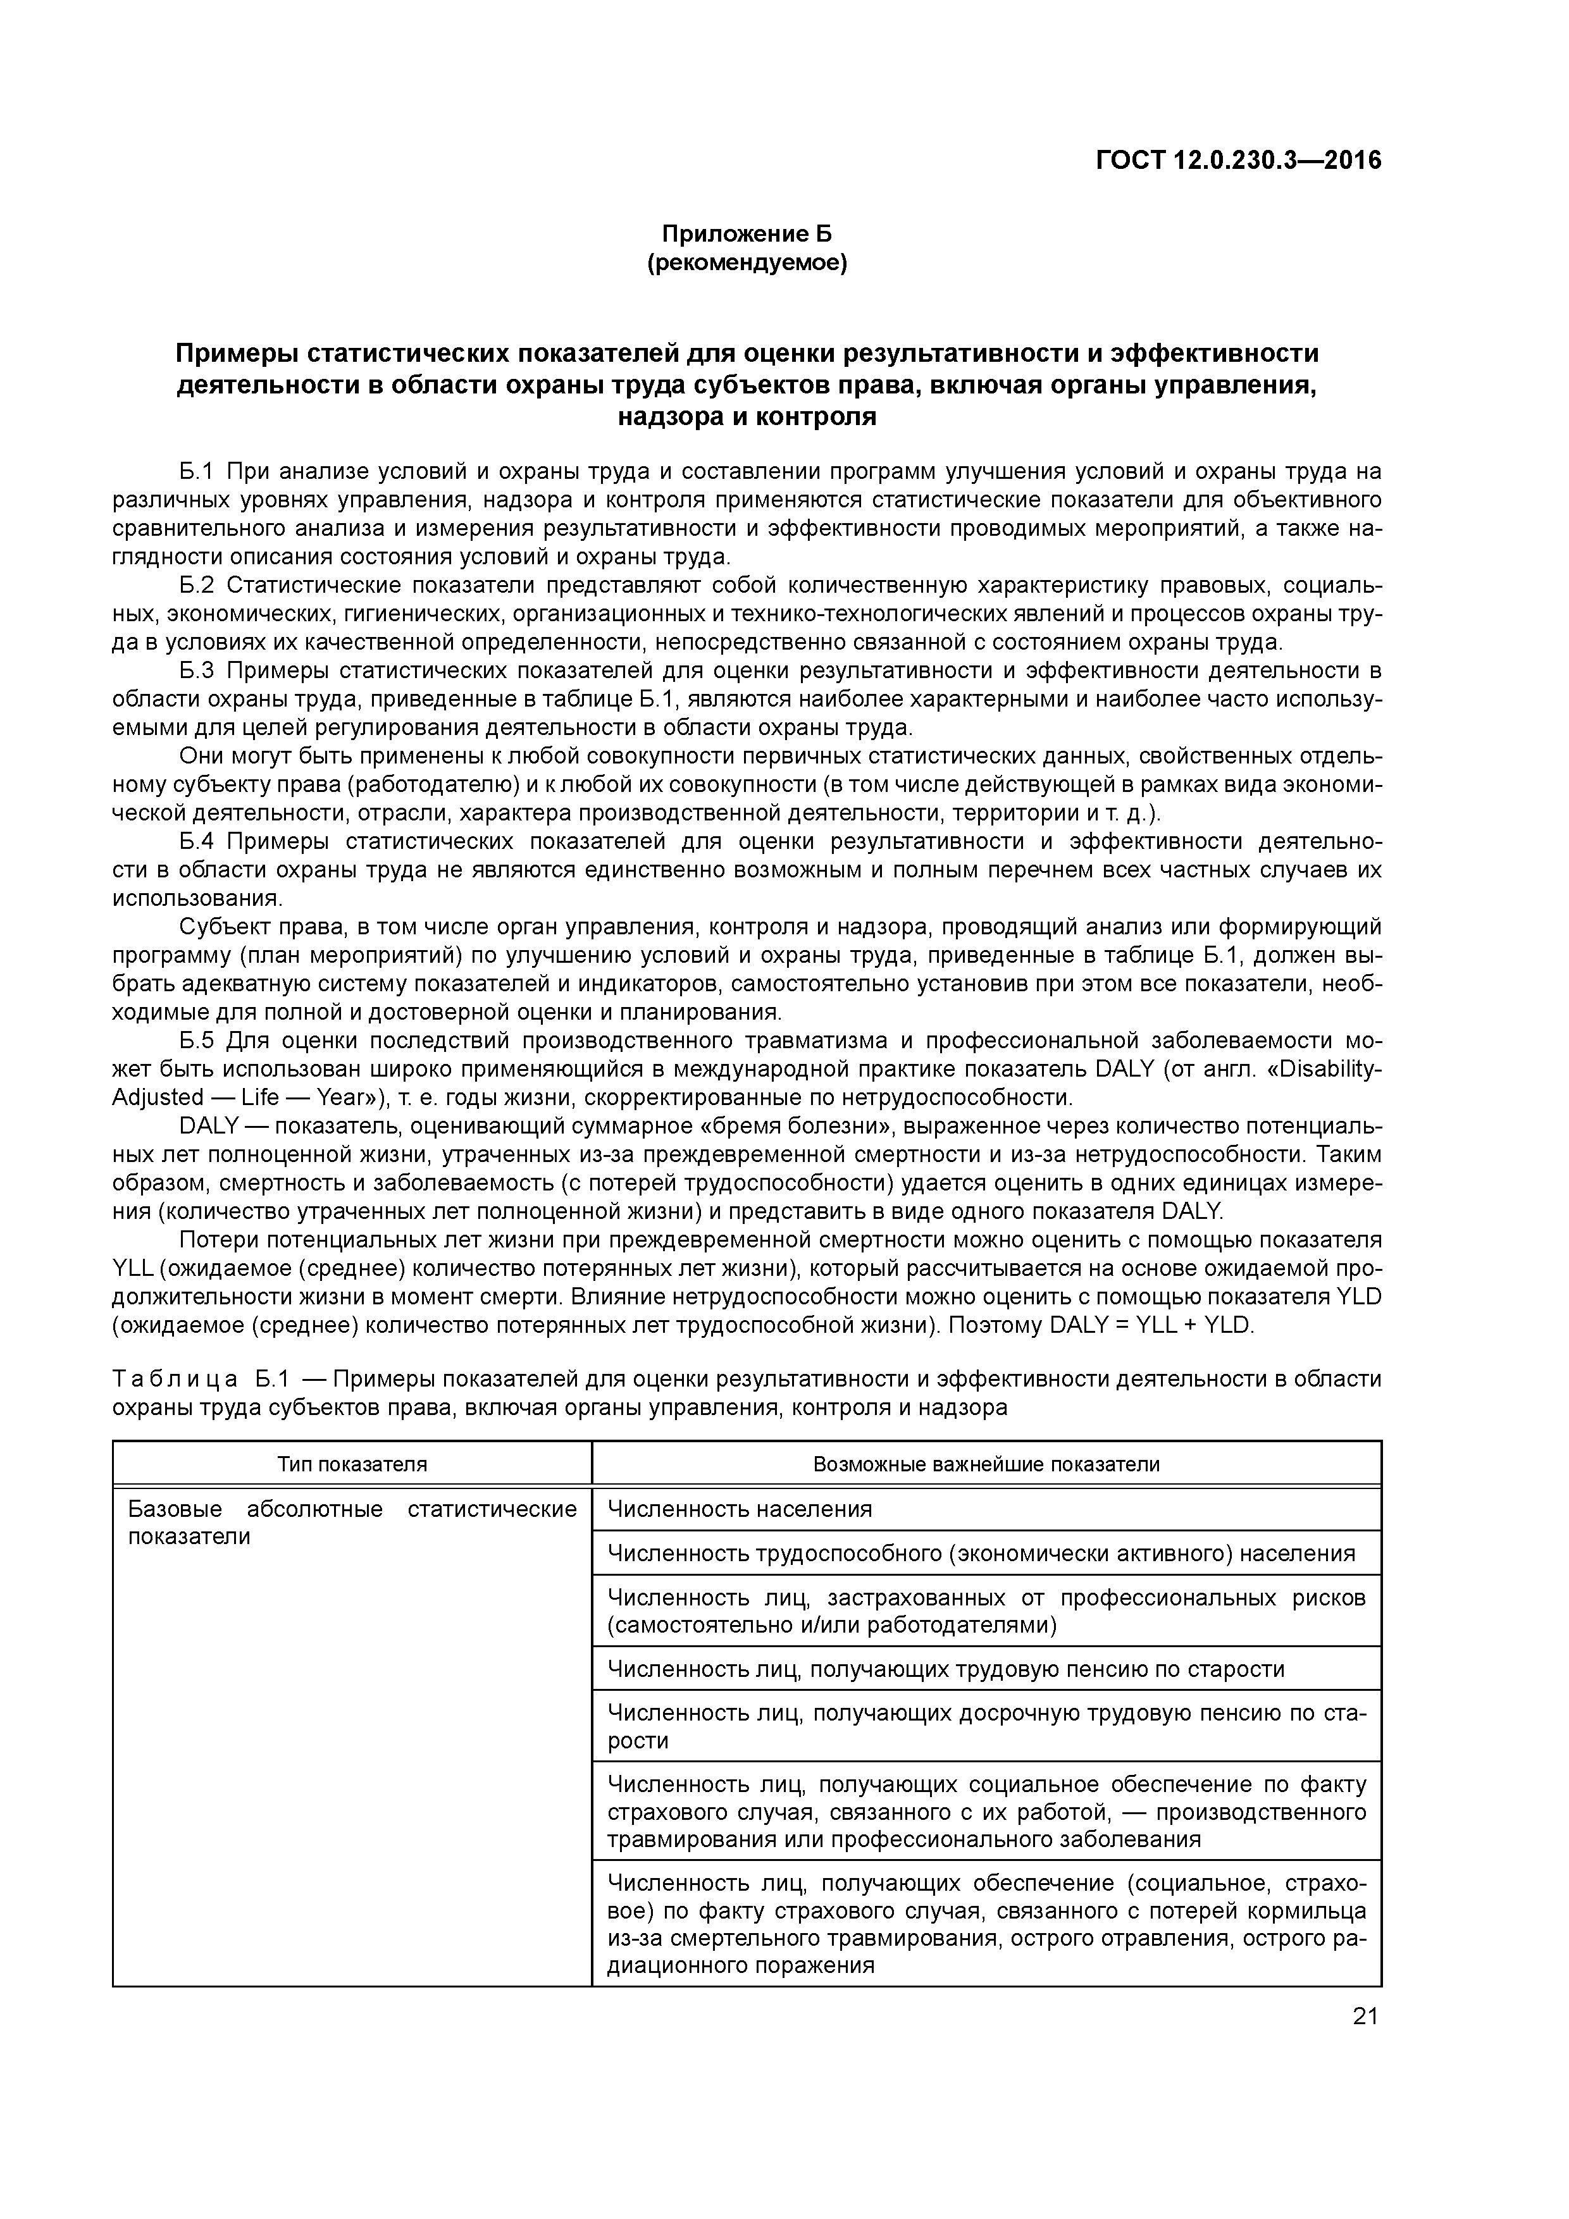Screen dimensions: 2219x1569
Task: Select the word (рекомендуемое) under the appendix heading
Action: click(x=747, y=263)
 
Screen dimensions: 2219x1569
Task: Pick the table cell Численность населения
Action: click(x=740, y=1509)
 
